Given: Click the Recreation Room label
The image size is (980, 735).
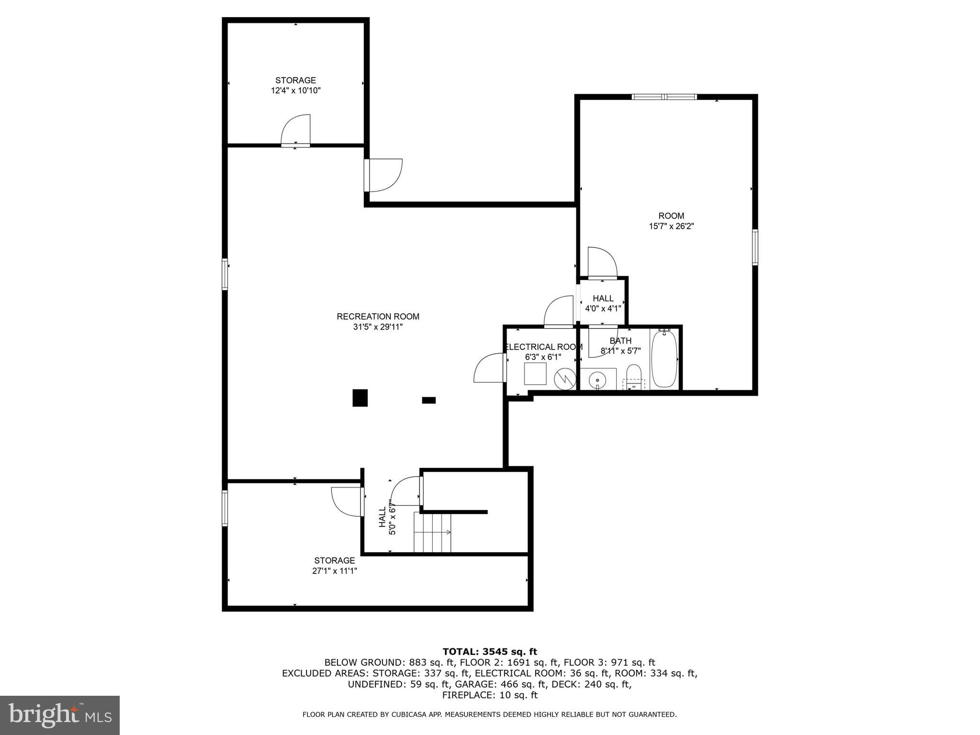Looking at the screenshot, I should coord(378,316).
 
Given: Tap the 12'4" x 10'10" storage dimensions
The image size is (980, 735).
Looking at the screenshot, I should coord(295,90).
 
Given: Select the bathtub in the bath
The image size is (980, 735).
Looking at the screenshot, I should coord(664,359).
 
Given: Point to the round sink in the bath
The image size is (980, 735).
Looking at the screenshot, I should coord(597,380).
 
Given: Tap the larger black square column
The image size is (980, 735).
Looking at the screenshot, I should coord(360,398).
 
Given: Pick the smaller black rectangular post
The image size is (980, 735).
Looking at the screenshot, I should coord(428,400).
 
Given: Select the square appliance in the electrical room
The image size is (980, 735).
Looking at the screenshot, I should coord(535,373).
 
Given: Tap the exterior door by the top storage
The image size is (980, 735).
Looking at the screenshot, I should coord(383,175).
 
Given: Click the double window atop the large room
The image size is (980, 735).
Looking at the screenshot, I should coord(664,97).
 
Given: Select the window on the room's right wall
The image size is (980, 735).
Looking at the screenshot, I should coord(755,247).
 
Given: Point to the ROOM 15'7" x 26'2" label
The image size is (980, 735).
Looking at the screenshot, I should coord(671,221).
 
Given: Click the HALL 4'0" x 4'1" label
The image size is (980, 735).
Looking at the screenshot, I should coord(603,303).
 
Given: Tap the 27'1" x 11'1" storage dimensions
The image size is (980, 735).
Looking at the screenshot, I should coord(334,571).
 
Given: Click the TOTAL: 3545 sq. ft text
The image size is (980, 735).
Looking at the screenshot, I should coord(490,651).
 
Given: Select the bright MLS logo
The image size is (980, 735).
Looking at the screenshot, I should coord(60,715).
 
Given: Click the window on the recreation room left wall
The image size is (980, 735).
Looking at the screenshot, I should coord(225,274).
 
